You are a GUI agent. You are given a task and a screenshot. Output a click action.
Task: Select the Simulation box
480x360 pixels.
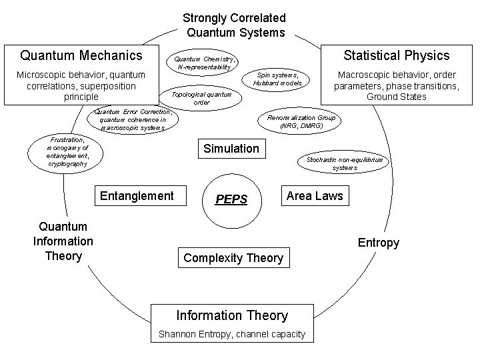click(x=231, y=149)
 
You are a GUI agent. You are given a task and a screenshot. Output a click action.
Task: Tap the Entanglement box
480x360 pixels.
click(x=137, y=195)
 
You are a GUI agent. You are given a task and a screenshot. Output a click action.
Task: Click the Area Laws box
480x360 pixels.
click(x=314, y=195)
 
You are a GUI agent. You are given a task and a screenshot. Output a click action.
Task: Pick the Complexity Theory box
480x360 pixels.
click(x=233, y=257)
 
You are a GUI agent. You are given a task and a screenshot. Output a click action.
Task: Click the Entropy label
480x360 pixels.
click(x=378, y=243)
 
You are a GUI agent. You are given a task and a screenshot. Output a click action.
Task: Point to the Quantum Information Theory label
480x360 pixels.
click(x=63, y=241)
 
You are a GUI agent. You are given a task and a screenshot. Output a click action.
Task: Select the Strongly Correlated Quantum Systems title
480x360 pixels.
click(x=235, y=25)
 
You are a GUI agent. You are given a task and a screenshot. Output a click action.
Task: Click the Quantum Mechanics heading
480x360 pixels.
click(x=81, y=55)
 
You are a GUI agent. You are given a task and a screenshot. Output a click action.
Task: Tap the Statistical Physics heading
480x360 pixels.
click(x=396, y=55)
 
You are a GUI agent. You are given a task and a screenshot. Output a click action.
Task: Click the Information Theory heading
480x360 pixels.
click(x=232, y=315)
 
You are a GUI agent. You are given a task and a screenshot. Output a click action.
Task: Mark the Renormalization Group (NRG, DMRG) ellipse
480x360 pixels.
click(x=301, y=121)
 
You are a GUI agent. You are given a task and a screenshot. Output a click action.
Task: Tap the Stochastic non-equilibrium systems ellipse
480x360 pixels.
click(x=345, y=164)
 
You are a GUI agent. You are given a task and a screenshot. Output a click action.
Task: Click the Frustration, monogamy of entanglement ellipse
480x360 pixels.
click(x=67, y=152)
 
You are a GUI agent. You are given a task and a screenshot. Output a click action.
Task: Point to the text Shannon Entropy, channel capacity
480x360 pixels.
click(x=231, y=334)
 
